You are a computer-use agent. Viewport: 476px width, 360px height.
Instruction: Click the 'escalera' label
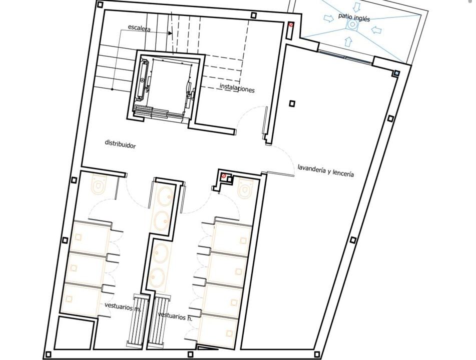pyautogui.click(x=139, y=27)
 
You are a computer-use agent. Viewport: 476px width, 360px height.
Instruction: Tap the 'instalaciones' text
pyautogui.click(x=237, y=88)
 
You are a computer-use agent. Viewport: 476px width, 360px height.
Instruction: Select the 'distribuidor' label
pyautogui.click(x=120, y=144)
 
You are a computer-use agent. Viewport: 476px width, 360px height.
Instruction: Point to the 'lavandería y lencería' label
pyautogui.click(x=325, y=170)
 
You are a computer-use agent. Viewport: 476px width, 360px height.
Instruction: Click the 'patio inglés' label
pyautogui.click(x=354, y=17)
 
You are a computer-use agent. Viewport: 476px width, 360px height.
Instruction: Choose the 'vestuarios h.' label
pyautogui.click(x=175, y=316)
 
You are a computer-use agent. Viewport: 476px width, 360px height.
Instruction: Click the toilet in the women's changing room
pyautogui.click(x=99, y=184)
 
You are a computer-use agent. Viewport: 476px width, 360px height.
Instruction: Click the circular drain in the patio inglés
pyautogui.click(x=352, y=24)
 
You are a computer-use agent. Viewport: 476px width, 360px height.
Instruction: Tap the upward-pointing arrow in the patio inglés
pyautogui.click(x=349, y=41)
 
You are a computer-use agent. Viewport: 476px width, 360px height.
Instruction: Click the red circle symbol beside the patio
pyautogui.click(x=291, y=24)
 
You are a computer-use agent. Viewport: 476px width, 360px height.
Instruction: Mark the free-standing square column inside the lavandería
pyautogui.click(x=292, y=103)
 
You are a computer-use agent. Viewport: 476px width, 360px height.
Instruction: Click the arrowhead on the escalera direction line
pyautogui.click(x=170, y=32)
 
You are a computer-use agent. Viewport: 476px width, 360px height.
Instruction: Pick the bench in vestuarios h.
pyautogui.click(x=157, y=321)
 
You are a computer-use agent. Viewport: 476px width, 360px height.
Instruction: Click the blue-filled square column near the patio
pyautogui.click(x=396, y=73)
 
